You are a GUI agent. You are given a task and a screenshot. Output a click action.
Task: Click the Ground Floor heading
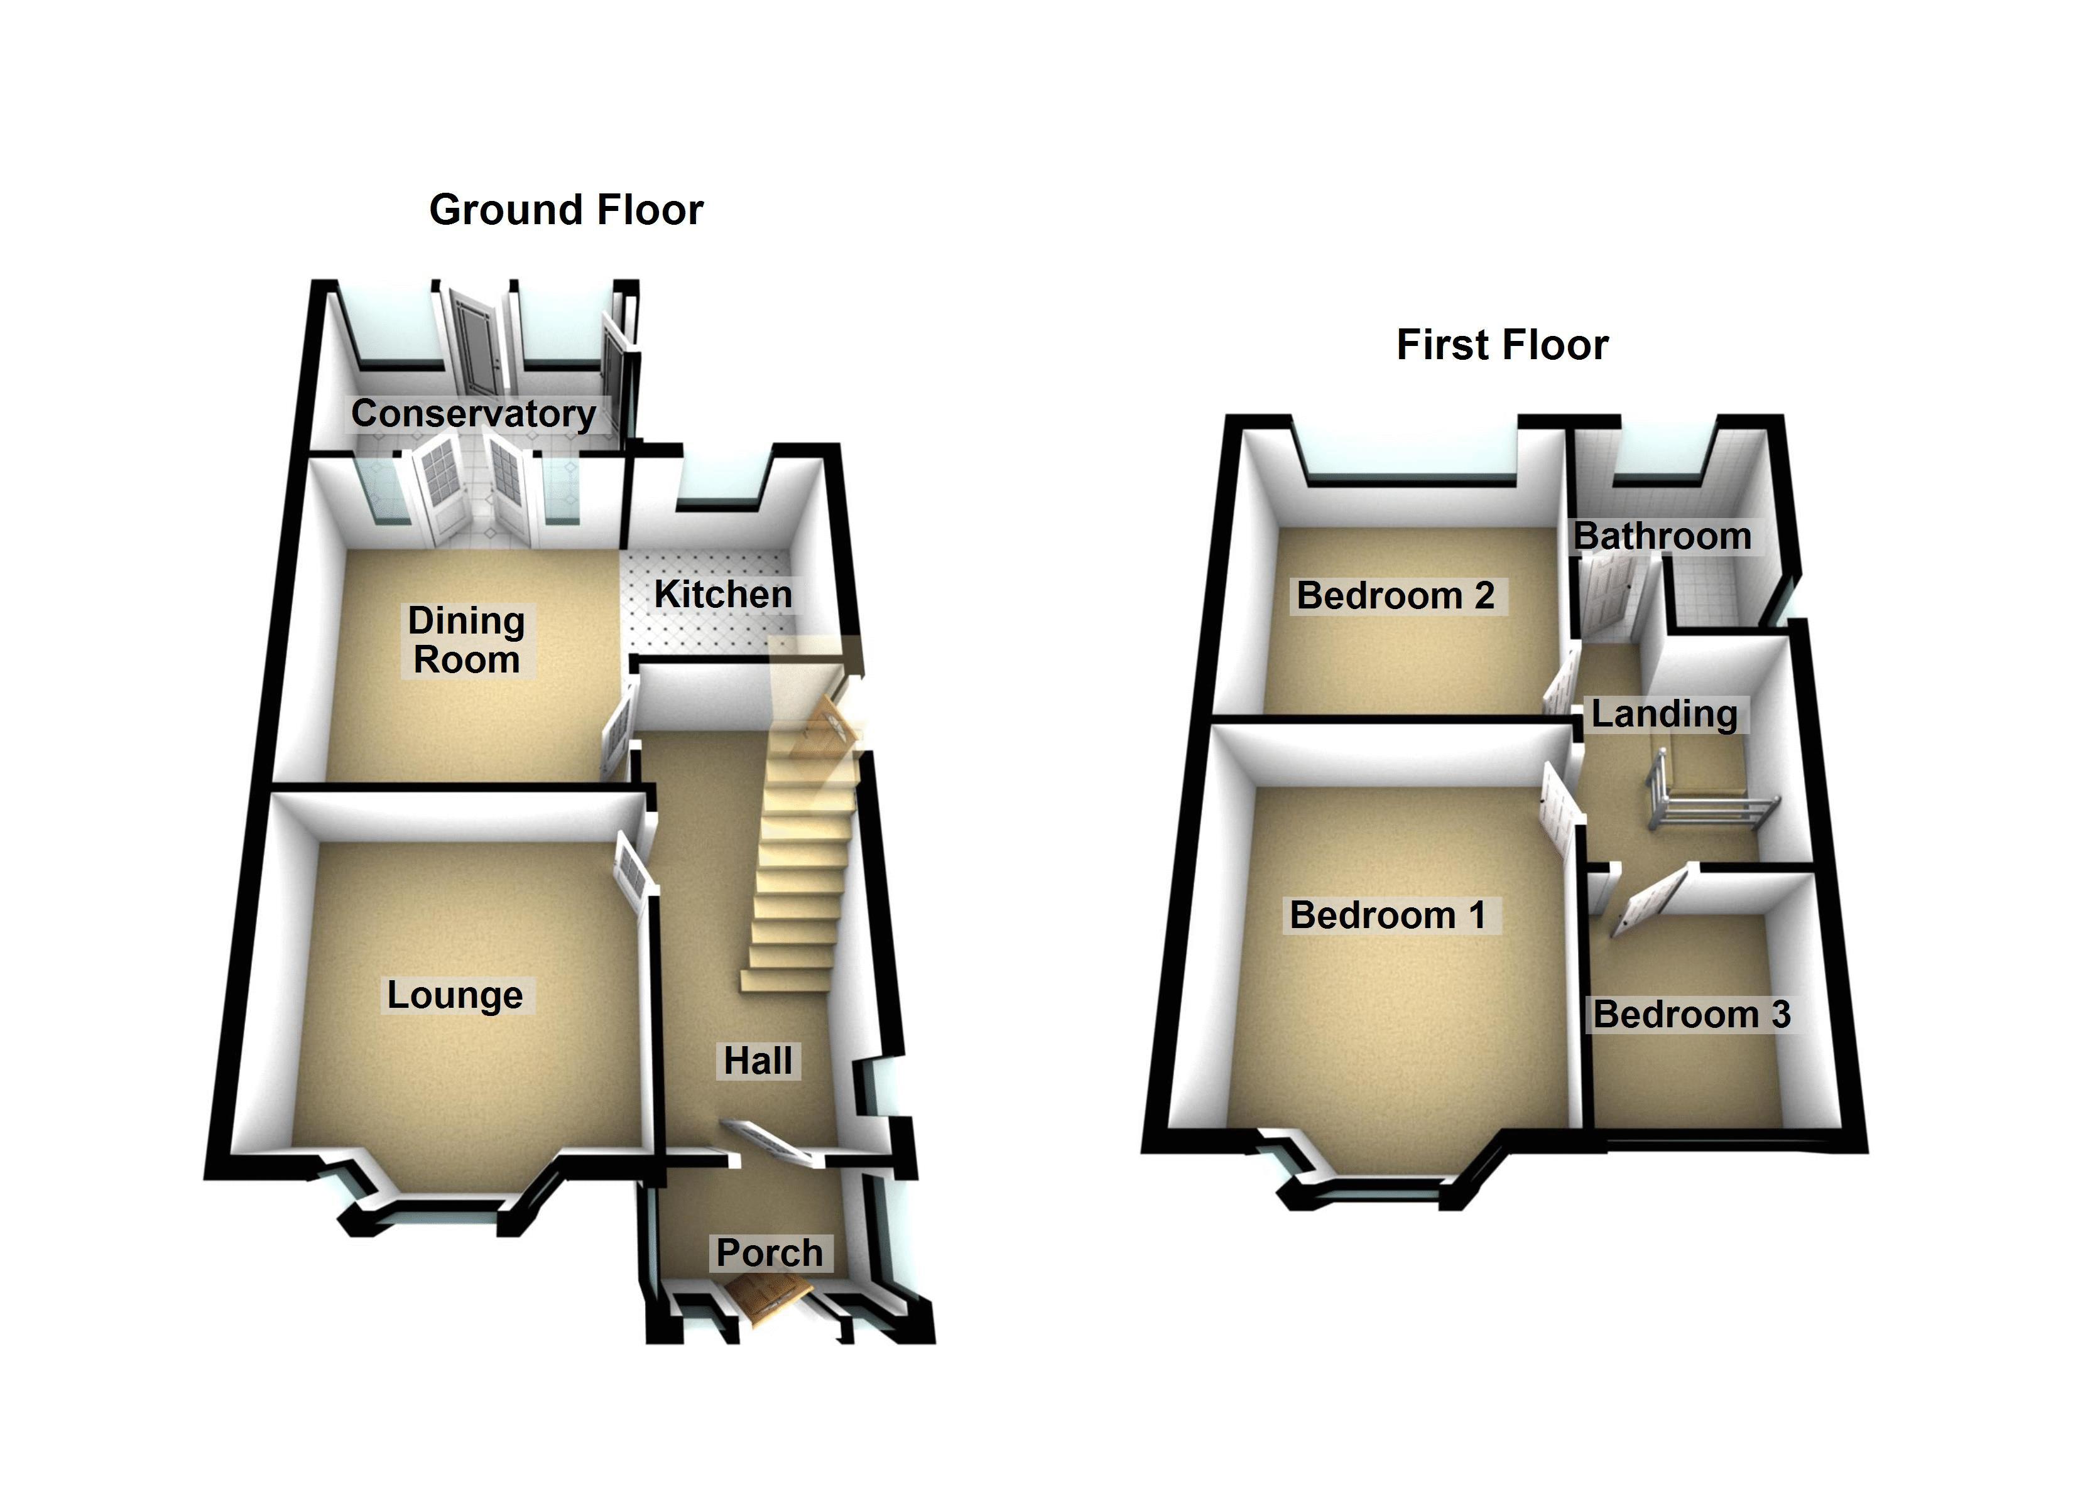(x=566, y=210)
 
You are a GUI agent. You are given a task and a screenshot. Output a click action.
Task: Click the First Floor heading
(x=1502, y=345)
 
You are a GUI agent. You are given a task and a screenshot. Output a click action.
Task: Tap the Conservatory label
(x=472, y=414)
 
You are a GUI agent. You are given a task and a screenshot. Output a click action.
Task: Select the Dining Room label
(x=466, y=640)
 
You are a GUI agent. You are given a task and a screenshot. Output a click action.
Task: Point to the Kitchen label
(x=723, y=595)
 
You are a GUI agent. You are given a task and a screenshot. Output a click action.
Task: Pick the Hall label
(x=758, y=1061)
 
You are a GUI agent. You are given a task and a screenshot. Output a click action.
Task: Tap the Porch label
(x=770, y=1253)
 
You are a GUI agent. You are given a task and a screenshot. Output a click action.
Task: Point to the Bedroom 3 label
(x=1692, y=1015)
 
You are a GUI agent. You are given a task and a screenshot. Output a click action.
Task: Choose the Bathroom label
(x=1662, y=536)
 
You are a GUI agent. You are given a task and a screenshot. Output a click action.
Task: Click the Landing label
(x=1665, y=714)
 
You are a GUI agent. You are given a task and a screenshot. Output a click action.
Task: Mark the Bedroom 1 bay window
(x=1380, y=1188)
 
